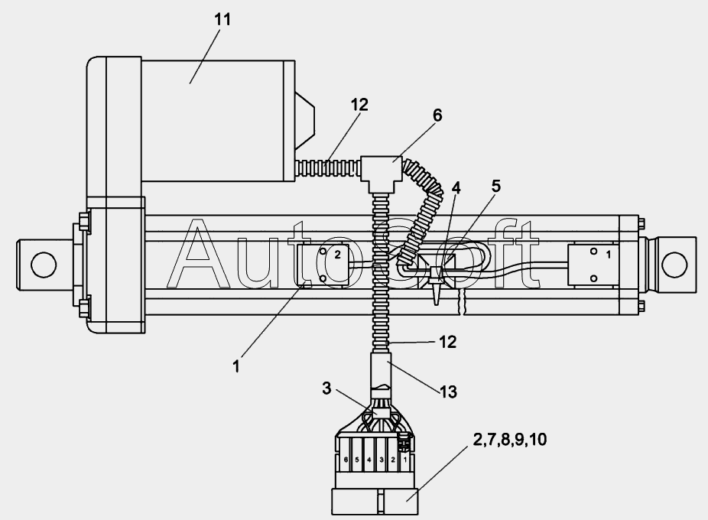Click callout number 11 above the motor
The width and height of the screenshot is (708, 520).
222,19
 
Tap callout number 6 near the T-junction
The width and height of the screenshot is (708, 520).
437,115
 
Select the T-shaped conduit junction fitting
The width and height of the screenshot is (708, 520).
381,174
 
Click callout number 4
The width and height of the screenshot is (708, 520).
456,188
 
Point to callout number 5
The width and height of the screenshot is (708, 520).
495,186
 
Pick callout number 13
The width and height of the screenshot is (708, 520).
448,392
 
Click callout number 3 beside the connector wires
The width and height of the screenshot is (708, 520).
326,388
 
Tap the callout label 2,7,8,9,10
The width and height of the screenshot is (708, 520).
509,439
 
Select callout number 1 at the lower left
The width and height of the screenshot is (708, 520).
236,366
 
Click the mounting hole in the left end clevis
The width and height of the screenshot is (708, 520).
44,265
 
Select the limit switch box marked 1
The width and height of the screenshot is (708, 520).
593,265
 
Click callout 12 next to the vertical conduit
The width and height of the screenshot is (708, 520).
447,342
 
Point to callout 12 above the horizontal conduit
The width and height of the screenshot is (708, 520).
359,105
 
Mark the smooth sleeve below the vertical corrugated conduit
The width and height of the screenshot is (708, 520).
381,370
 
